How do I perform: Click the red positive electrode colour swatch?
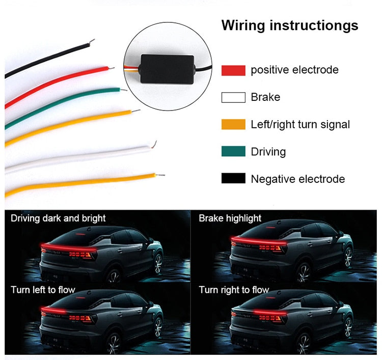point(233,70)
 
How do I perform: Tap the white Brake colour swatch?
point(233,97)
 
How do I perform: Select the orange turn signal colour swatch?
point(233,124)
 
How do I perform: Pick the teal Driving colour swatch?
point(233,152)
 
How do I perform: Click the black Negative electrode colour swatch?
point(233,179)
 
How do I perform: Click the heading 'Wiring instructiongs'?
point(290,25)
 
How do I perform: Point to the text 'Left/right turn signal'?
point(300,124)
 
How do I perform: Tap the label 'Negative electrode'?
point(297,179)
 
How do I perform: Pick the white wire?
point(76,158)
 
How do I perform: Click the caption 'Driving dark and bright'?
point(58,218)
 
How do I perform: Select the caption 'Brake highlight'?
point(230,218)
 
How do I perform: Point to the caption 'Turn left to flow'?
point(43,290)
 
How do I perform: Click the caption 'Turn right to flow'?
point(234,290)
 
